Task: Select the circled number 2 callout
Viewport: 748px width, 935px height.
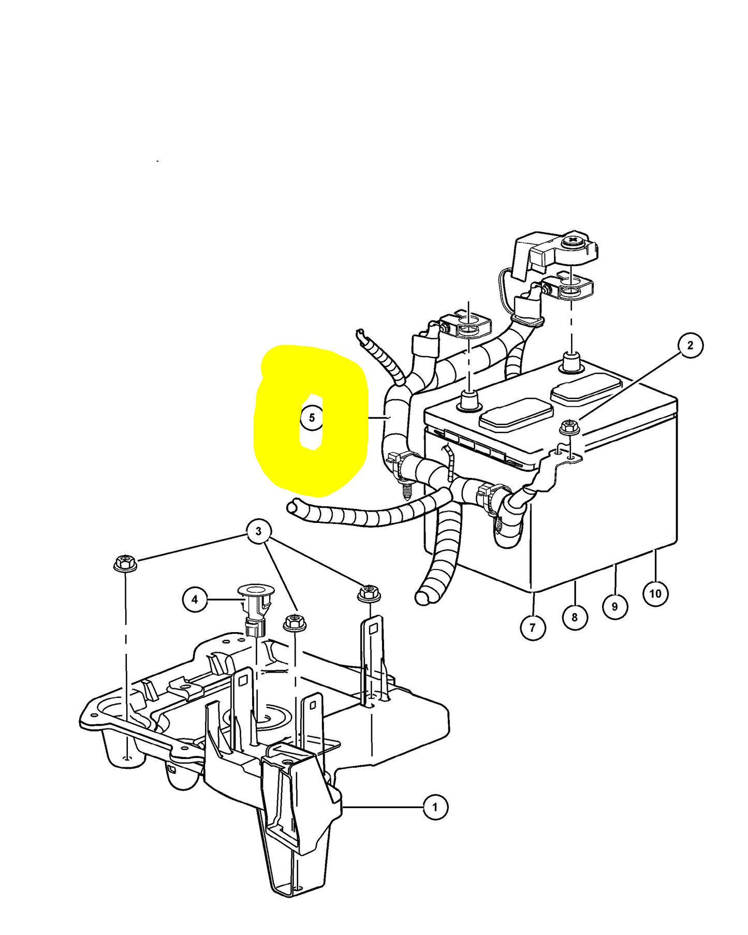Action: [690, 345]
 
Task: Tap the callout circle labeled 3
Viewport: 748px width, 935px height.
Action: [258, 531]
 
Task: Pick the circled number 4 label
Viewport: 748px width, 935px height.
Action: [195, 600]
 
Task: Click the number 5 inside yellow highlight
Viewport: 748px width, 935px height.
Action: [312, 417]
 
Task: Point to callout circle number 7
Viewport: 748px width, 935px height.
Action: [533, 627]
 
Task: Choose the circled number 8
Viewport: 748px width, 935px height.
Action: [575, 617]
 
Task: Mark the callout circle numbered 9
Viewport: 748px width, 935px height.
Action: [615, 606]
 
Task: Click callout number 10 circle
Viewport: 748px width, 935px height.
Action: [655, 593]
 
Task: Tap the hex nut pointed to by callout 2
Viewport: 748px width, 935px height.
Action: [569, 428]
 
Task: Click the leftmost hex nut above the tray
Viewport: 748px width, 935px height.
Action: [125, 563]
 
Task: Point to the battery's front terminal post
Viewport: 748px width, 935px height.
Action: [468, 401]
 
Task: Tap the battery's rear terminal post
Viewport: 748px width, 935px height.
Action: [571, 361]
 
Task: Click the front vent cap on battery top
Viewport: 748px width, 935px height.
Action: [516, 413]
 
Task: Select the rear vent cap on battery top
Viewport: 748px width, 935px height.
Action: [586, 387]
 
